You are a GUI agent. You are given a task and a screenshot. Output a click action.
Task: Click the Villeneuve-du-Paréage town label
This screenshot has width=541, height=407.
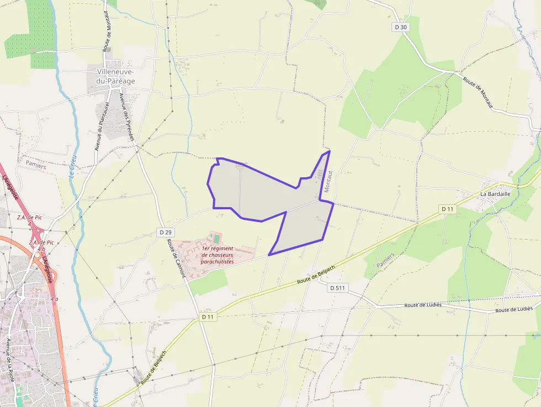(116, 76)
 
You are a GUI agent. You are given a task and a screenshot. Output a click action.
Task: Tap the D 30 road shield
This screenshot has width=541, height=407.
(401, 27)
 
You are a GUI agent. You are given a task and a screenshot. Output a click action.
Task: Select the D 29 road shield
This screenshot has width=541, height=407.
(165, 232)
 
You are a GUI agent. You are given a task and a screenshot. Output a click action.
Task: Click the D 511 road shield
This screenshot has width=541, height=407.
(337, 288)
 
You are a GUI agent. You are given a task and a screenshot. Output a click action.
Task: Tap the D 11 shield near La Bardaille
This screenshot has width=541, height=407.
(448, 209)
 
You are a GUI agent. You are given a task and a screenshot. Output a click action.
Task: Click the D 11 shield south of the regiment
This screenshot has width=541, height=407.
(208, 317)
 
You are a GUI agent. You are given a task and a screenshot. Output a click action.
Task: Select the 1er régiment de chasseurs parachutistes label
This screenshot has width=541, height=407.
(218, 255)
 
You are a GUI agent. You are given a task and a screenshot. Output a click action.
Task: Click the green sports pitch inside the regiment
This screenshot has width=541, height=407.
(217, 239)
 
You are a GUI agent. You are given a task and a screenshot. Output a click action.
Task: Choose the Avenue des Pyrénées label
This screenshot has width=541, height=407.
(128, 117)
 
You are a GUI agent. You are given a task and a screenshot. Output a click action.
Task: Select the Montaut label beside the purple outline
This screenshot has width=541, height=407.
(328, 181)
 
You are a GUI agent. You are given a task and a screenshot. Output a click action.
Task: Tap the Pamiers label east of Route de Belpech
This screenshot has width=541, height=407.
(386, 261)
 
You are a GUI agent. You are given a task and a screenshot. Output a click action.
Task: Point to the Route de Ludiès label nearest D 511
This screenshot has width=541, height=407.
(422, 305)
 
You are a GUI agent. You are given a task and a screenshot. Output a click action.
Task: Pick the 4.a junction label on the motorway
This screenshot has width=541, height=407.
(54, 298)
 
